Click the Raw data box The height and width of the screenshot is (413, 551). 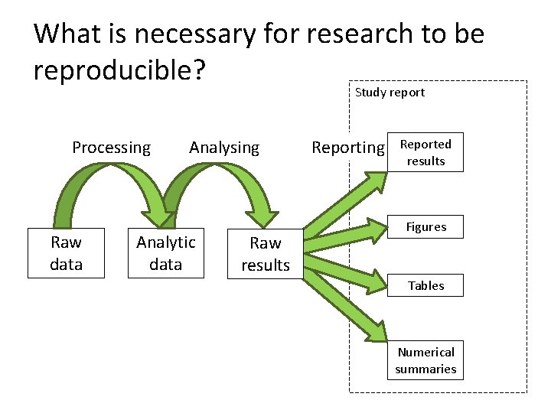coord(66,253)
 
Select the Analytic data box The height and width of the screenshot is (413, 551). coord(166,253)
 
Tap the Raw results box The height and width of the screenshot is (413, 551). coord(266,254)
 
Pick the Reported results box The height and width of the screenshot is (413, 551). coord(425,153)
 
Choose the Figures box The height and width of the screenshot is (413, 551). coord(425,227)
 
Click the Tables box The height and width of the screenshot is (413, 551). coord(425,285)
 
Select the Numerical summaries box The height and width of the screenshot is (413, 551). coord(425,360)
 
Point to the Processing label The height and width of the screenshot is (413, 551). coord(112,148)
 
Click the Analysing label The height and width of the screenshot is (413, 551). coord(224,148)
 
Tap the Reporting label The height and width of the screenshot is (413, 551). coord(347,148)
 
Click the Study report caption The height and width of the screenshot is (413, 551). coord(390,93)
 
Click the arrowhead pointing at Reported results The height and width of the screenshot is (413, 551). coord(377,184)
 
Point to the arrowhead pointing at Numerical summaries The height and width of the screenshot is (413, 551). coord(376,330)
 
